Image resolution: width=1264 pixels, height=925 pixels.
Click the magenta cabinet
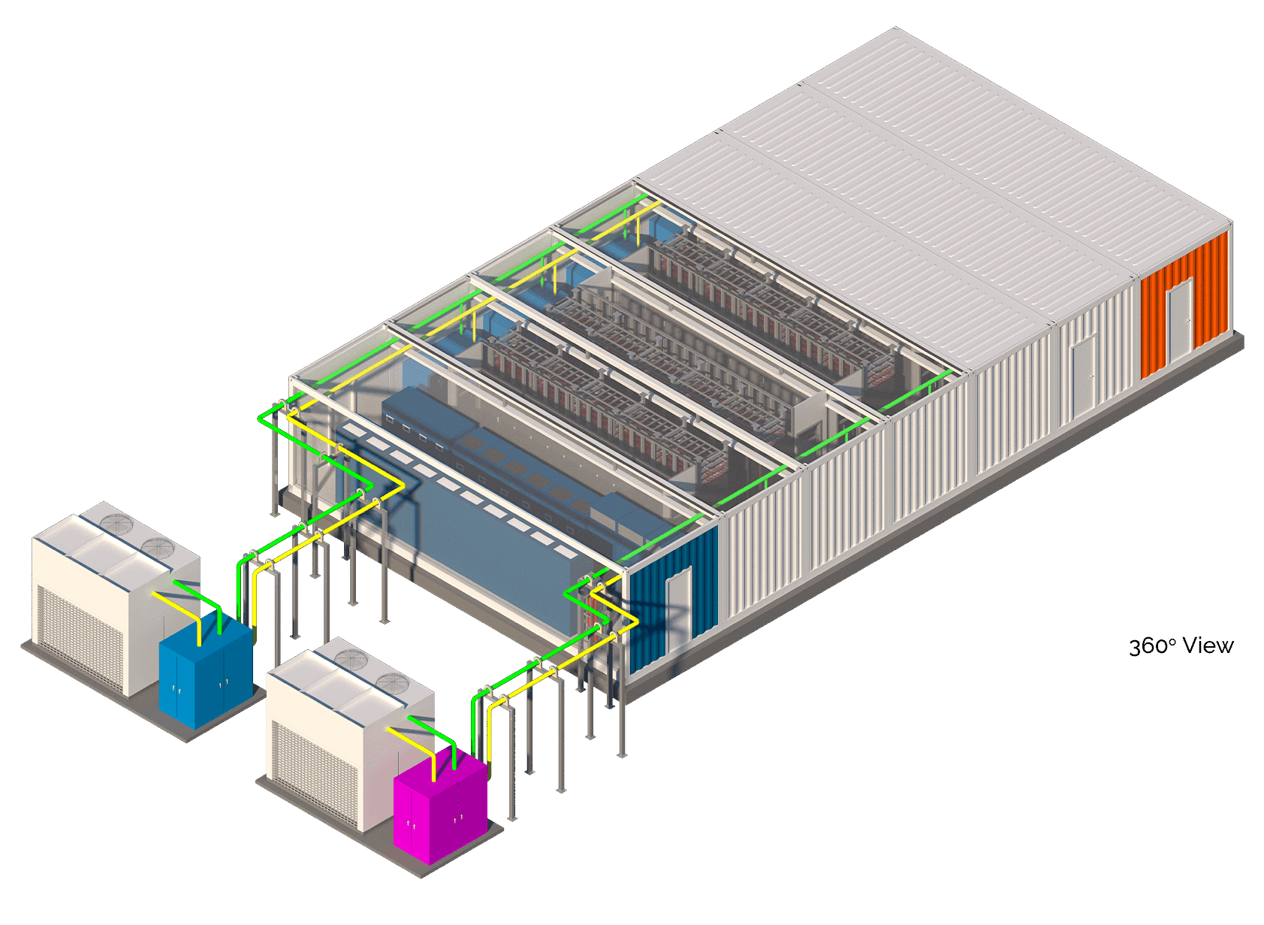tap(440, 806)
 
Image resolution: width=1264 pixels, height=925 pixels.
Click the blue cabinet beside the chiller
tap(205, 670)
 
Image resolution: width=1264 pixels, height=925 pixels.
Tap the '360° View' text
tap(1181, 646)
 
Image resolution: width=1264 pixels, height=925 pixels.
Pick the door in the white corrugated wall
tap(1084, 375)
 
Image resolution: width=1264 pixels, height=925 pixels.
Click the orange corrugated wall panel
tap(1184, 305)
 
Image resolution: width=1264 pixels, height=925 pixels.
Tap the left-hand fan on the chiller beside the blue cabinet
tap(116, 524)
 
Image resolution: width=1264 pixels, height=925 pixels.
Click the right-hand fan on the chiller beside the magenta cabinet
tap(392, 683)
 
